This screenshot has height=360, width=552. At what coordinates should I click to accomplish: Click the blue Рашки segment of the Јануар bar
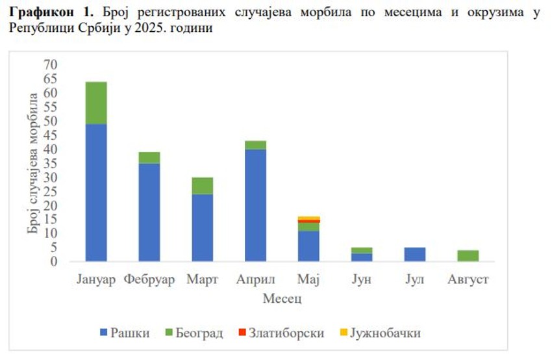96,192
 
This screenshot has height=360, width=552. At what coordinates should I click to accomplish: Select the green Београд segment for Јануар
96,103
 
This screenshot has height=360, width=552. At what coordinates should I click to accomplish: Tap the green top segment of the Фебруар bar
149,157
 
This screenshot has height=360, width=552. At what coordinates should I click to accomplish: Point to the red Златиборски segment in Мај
308,222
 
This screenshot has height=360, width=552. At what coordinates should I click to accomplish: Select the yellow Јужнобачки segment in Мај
308,218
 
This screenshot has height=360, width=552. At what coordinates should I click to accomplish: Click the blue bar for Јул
414,254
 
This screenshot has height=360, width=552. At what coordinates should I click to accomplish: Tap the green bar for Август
468,255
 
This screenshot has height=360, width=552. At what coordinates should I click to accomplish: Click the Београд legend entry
194,333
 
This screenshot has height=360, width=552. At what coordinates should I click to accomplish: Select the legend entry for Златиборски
277,333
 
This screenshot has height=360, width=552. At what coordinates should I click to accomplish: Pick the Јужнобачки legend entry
379,333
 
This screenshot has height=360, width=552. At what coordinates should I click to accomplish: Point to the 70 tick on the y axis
51,64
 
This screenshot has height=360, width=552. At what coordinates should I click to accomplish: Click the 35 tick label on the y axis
51,163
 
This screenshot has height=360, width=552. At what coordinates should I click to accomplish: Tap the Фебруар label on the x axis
149,280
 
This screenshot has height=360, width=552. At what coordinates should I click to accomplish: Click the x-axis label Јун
361,280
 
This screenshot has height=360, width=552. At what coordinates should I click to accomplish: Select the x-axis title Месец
282,300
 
